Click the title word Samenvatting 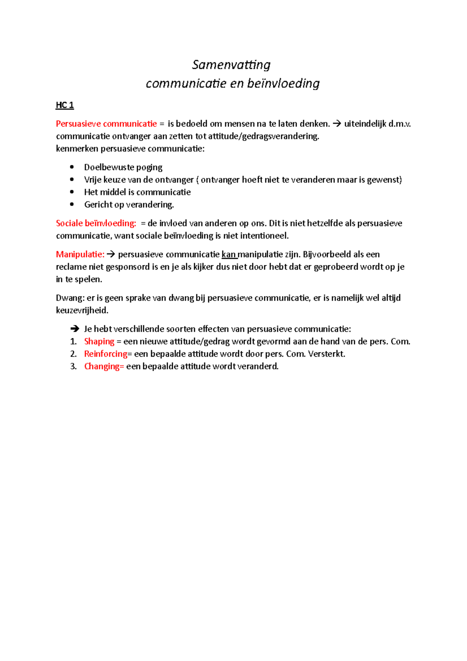coord(231,65)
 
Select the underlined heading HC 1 coord(65,105)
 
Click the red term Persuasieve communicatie coord(106,124)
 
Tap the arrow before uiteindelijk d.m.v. coord(337,124)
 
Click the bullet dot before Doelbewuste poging coord(72,167)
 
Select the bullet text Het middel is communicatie coord(137,192)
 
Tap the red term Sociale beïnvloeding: coord(96,223)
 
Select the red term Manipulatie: coord(80,254)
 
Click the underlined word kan coord(229,254)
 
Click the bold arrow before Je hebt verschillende coord(74,329)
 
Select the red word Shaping coord(99,341)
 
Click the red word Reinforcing coord(106,354)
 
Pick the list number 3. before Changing coord(74,366)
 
